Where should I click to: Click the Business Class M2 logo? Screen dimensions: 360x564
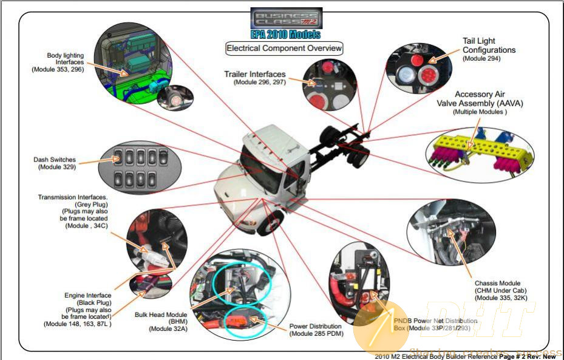(x=286, y=18)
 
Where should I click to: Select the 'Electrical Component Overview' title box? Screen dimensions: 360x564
(x=284, y=48)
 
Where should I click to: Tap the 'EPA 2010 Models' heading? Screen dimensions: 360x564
(x=286, y=34)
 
